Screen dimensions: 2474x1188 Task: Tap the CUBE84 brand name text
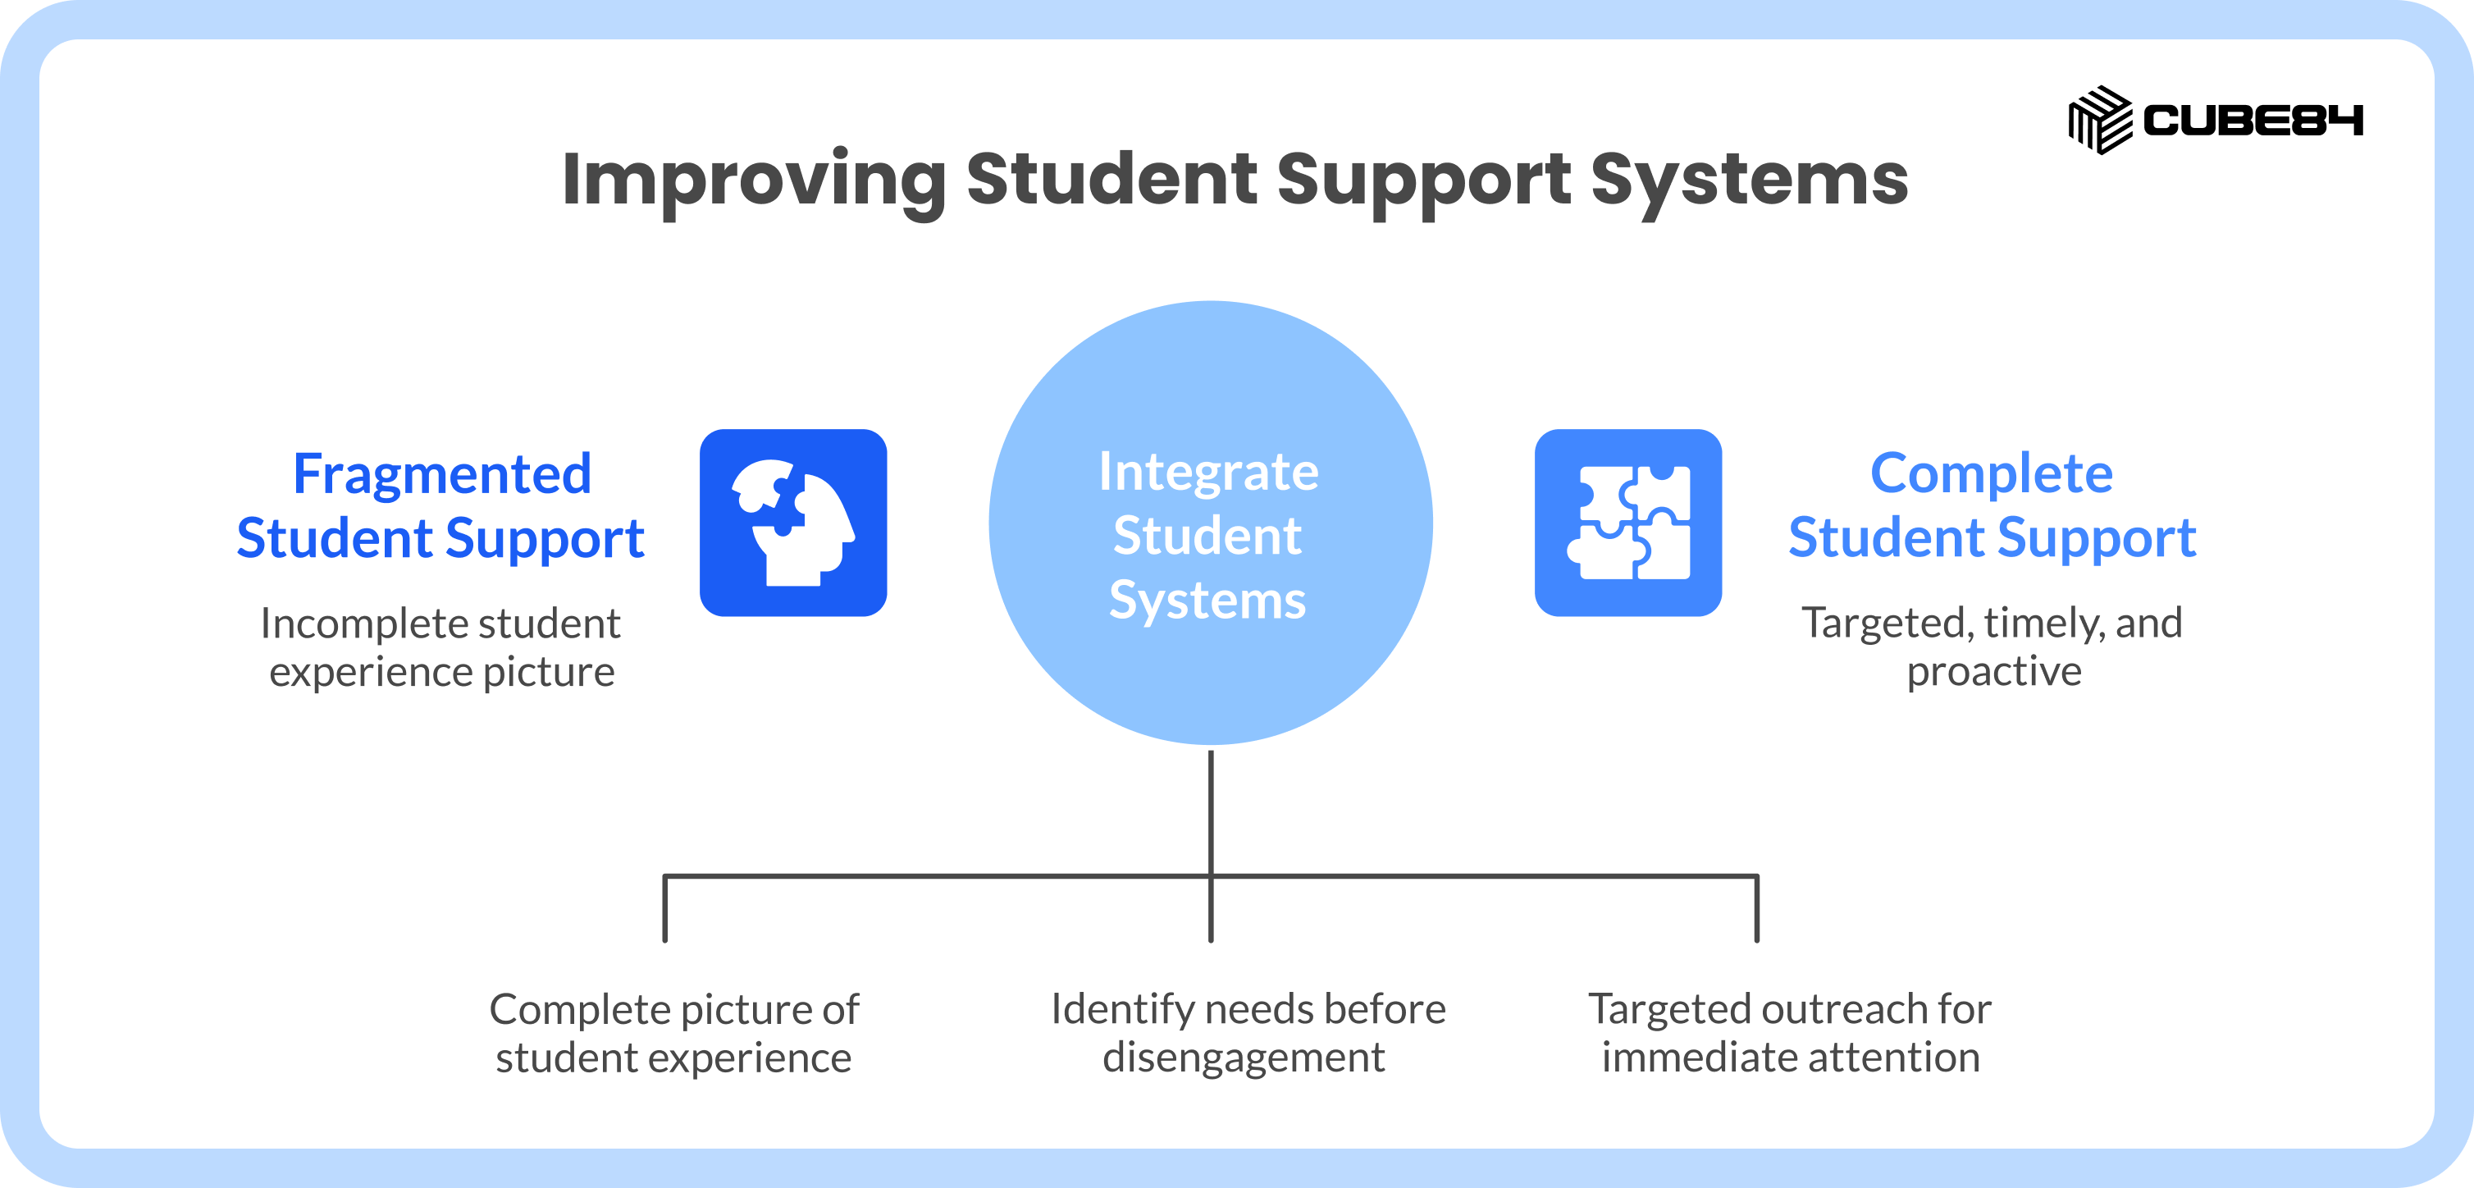pyautogui.click(x=2253, y=121)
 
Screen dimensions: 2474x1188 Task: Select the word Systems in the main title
pyautogui.click(x=1750, y=180)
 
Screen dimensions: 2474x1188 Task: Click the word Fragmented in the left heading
pyautogui.click(x=442, y=473)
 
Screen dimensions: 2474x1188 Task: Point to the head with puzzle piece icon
pyautogui.click(x=793, y=523)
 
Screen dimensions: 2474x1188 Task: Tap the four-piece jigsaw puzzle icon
pyautogui.click(x=1628, y=523)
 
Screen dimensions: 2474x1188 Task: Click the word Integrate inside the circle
pyautogui.click(x=1209, y=473)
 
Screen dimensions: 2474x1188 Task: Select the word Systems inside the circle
pyautogui.click(x=1208, y=601)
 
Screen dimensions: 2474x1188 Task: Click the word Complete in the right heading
pyautogui.click(x=1992, y=474)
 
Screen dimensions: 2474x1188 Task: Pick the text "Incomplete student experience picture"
pyautogui.click(x=440, y=647)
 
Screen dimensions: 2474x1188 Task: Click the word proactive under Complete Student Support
pyautogui.click(x=1994, y=672)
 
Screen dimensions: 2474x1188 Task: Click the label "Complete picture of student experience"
pyautogui.click(x=674, y=1034)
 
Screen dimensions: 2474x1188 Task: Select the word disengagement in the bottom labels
pyautogui.click(x=1244, y=1058)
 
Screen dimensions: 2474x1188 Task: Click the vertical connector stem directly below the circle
pyautogui.click(x=1211, y=845)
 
